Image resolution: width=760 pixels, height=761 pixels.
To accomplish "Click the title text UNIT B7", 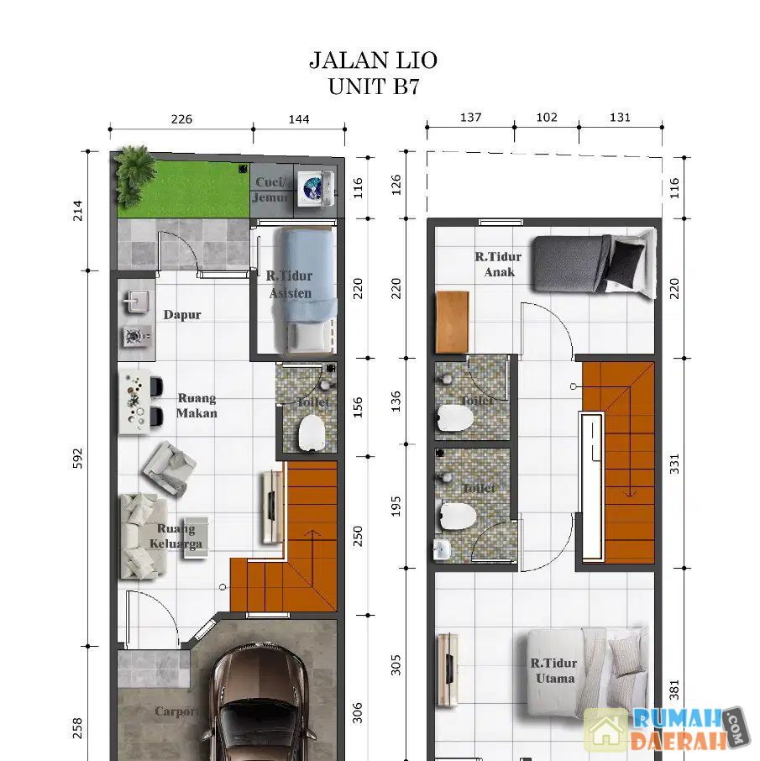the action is [x=373, y=87].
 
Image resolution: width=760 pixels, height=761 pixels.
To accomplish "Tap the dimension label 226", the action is [x=181, y=119].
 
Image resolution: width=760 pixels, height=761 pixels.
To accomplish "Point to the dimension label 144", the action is [x=299, y=119].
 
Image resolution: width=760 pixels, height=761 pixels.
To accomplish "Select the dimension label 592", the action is [x=77, y=458].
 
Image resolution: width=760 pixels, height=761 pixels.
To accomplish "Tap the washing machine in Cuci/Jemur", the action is [x=316, y=186].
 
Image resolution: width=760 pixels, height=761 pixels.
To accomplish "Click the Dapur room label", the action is [x=182, y=314].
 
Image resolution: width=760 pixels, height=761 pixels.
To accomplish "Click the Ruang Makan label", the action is [x=197, y=405].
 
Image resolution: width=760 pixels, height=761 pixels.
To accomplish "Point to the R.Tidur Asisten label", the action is [x=290, y=285].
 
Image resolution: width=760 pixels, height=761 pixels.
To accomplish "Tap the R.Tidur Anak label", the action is [x=499, y=264].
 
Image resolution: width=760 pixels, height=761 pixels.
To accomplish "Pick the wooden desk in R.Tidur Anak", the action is [x=453, y=323].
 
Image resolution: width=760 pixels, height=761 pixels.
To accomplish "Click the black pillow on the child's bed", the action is [x=626, y=264].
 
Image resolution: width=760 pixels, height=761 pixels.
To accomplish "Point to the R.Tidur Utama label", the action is [x=554, y=670].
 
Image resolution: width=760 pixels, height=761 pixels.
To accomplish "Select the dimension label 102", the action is [x=547, y=118].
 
